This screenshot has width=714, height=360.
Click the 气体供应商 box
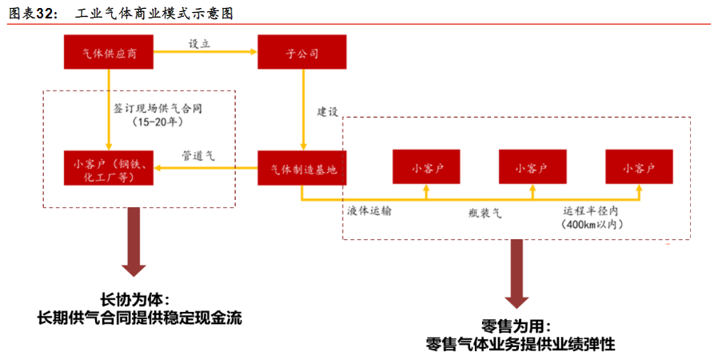pos(108,54)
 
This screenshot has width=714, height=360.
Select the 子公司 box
pos(301,54)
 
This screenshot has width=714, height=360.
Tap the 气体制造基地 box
pos(301,168)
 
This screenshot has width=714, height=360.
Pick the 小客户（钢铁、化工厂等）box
pos(108,168)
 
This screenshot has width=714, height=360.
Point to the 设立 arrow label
pos(199,44)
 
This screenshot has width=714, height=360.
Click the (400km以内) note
pos(592,226)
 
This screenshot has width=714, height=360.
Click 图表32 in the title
pos(32,14)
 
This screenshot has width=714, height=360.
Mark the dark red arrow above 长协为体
pos(134,244)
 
